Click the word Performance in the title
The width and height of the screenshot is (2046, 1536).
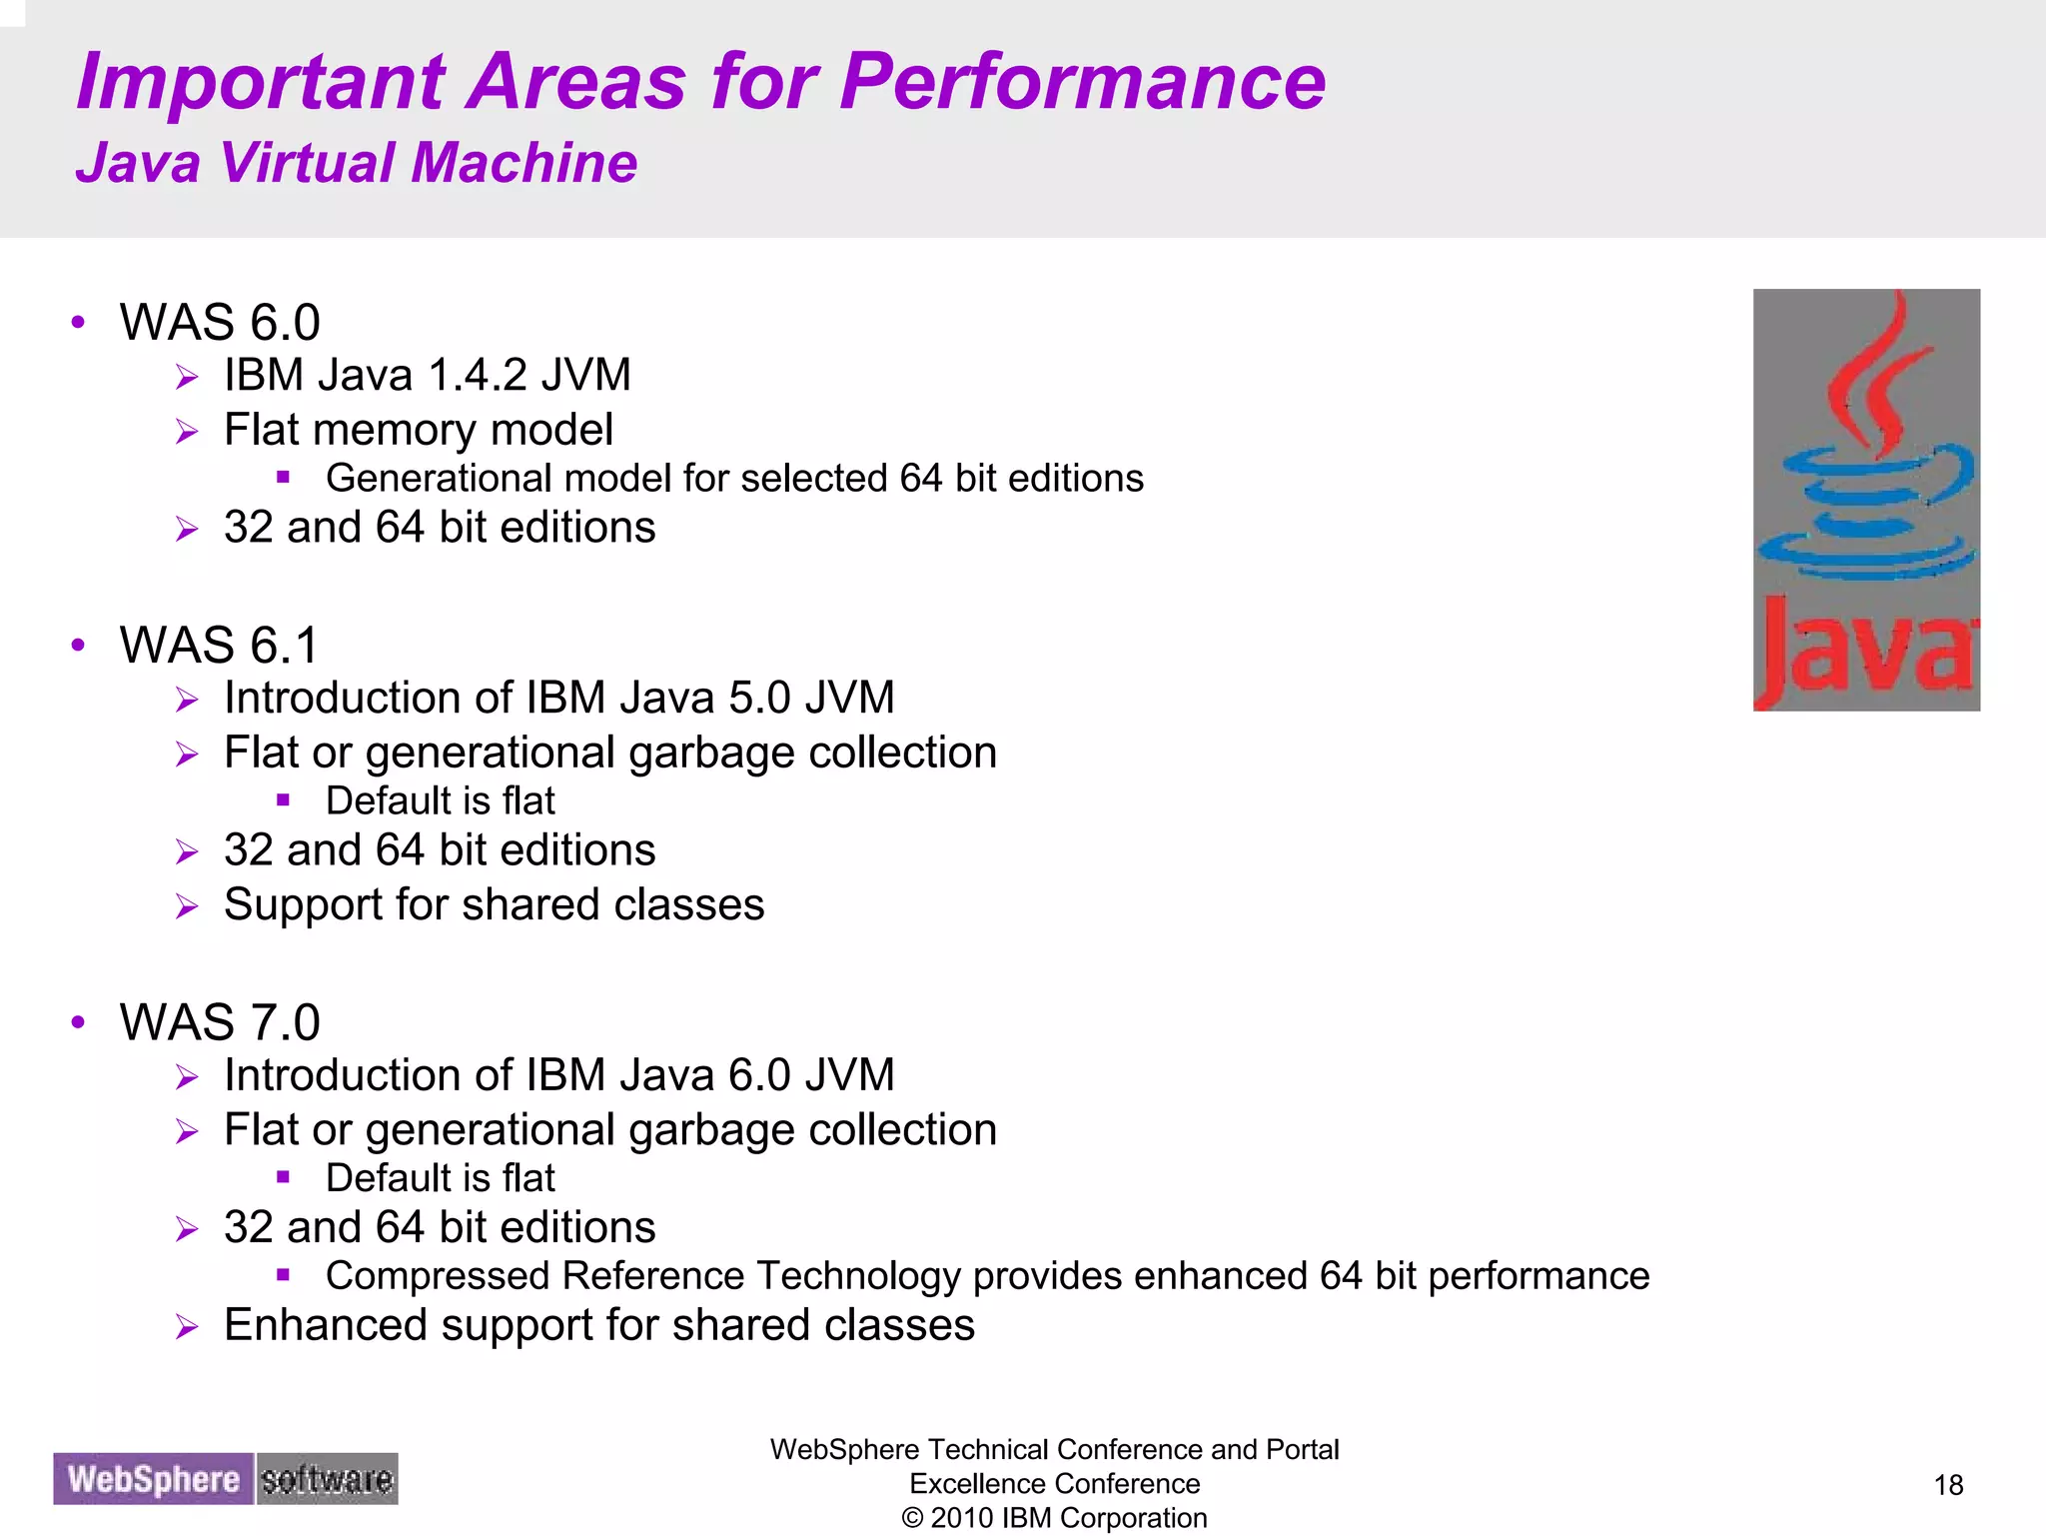point(1082,82)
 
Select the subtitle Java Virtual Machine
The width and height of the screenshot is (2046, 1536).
point(356,163)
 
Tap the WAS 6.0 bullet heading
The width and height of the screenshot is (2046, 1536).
point(220,323)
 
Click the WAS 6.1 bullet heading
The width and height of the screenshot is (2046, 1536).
point(219,646)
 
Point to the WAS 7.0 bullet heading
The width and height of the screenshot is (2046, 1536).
point(220,1023)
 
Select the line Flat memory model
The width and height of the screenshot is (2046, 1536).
point(418,431)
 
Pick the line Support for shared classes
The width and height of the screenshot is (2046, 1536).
point(494,905)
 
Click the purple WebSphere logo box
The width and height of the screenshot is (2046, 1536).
point(154,1479)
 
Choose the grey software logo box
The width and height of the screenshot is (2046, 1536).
point(327,1479)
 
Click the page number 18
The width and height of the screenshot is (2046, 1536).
point(1948,1485)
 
